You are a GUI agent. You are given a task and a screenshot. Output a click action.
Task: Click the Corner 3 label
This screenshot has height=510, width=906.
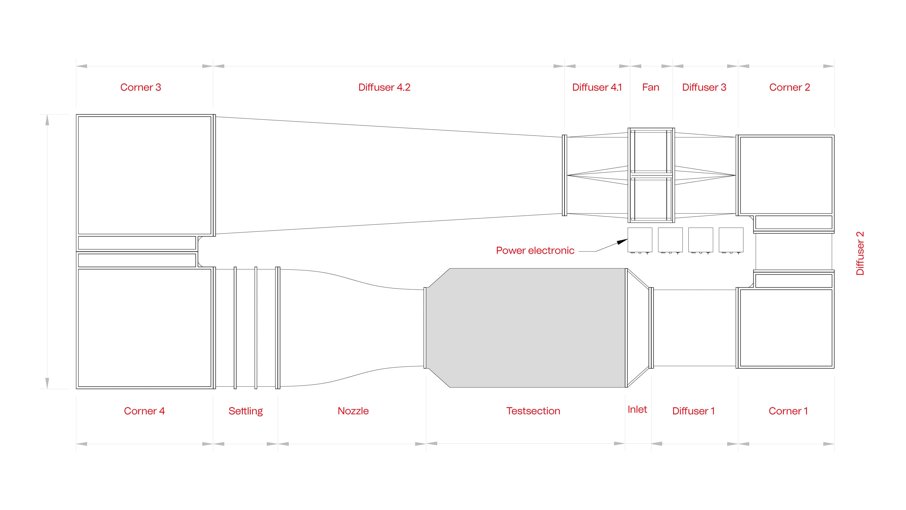pos(140,87)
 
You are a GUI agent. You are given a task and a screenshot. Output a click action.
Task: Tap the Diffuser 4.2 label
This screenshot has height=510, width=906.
pos(384,87)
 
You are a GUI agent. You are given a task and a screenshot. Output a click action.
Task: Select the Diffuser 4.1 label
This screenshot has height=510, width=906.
pos(597,87)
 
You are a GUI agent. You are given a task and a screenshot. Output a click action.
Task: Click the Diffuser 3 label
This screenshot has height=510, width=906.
pos(704,87)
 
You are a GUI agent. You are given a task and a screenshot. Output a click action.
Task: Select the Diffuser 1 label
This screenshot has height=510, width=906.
pos(693,411)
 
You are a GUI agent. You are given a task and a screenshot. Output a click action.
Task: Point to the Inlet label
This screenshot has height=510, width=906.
pos(637,409)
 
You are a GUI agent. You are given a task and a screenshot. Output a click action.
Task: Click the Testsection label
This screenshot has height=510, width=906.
pos(533,411)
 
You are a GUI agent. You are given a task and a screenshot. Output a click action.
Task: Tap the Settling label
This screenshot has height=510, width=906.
pos(245,411)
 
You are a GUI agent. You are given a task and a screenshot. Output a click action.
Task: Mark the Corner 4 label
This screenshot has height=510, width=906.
pos(144,411)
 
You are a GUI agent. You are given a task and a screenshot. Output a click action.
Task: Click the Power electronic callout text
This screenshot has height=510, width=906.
pos(535,250)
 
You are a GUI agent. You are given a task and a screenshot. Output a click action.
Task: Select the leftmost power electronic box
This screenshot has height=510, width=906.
pos(640,240)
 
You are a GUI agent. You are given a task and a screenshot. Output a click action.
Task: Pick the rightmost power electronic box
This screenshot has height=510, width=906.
pos(731,240)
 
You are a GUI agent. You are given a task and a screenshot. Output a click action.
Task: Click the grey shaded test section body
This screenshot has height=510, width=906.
pos(526,327)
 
